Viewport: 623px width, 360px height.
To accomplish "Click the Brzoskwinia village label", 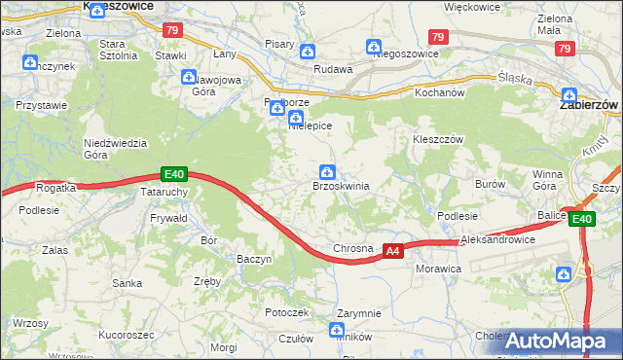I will tap(340, 185).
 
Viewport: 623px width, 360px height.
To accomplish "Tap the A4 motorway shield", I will tap(392, 251).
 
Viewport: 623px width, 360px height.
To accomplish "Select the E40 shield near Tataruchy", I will tap(173, 174).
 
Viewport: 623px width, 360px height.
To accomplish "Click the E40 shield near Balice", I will tap(582, 220).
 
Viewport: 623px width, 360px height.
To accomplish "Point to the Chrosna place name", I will tap(353, 248).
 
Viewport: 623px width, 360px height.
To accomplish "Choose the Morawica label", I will tap(436, 267).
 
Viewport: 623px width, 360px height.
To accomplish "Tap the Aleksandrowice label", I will tap(497, 238).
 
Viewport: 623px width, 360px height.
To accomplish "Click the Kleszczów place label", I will tap(436, 139).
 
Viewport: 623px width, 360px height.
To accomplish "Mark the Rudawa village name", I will tap(332, 69).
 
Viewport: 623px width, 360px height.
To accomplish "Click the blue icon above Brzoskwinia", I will tap(329, 171).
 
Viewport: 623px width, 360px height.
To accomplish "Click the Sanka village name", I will tap(128, 283).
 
